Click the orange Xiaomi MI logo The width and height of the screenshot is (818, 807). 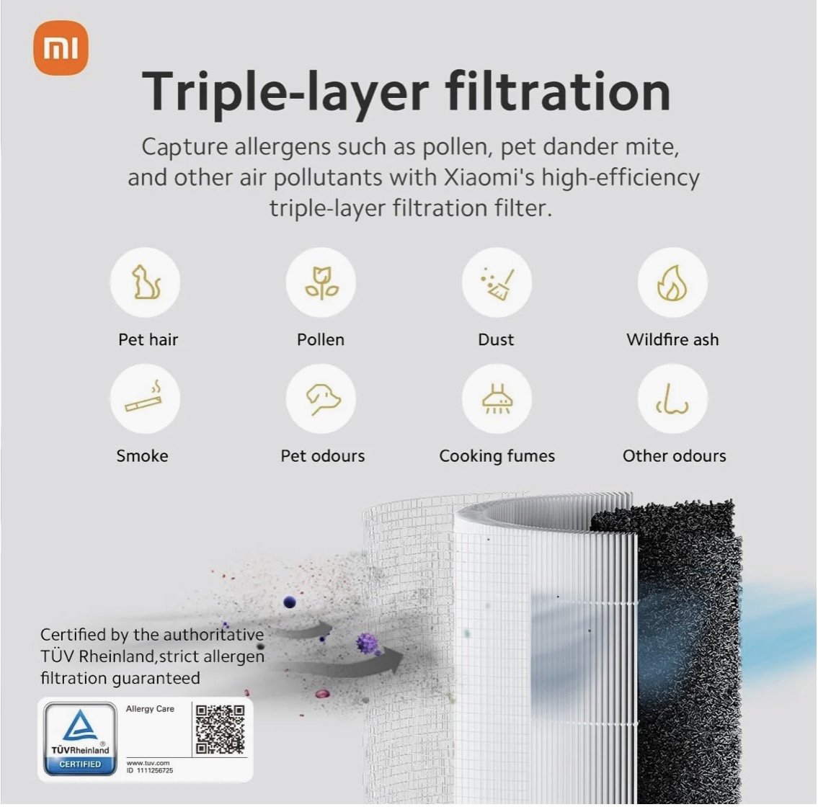[x=61, y=48]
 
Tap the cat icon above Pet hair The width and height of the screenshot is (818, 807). [x=146, y=282]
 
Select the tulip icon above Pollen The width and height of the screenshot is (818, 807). [x=321, y=282]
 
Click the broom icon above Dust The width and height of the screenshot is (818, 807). [x=497, y=284]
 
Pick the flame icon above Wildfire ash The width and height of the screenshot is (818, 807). [x=672, y=282]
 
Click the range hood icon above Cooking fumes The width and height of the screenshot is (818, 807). [x=497, y=399]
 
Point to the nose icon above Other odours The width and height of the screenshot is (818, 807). [x=672, y=400]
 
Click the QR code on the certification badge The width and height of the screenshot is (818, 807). [x=220, y=729]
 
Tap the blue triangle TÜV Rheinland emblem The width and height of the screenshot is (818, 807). [x=80, y=726]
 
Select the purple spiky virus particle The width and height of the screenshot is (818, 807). [x=368, y=643]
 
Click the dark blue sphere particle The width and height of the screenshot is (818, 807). [x=290, y=602]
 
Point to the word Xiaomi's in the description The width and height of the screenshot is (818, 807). [x=489, y=177]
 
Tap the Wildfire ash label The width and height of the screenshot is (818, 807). [x=672, y=339]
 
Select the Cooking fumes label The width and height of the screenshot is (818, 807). [x=497, y=456]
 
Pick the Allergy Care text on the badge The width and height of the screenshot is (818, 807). [x=150, y=709]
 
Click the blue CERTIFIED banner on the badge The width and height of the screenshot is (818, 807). [x=80, y=764]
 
